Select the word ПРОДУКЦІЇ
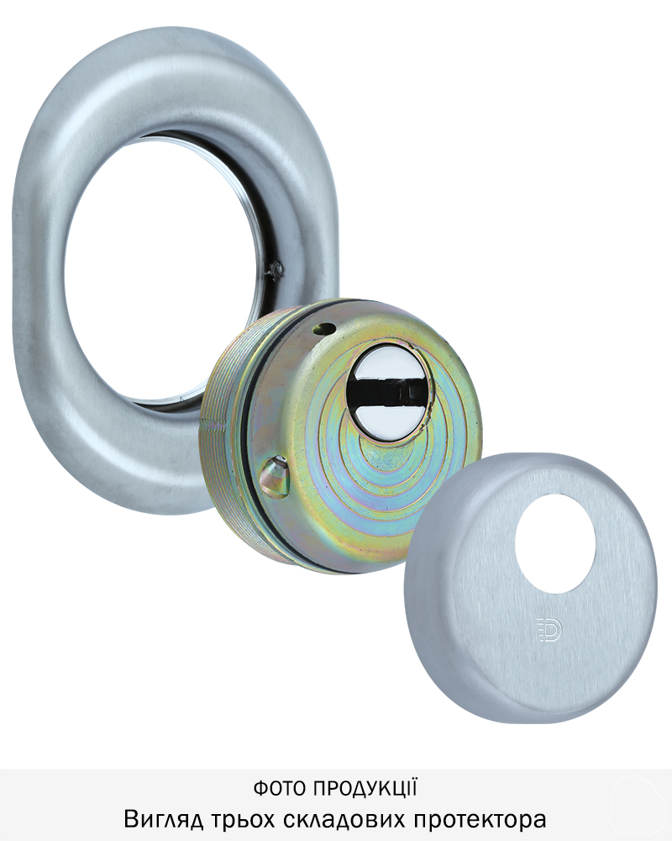coord(365,788)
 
